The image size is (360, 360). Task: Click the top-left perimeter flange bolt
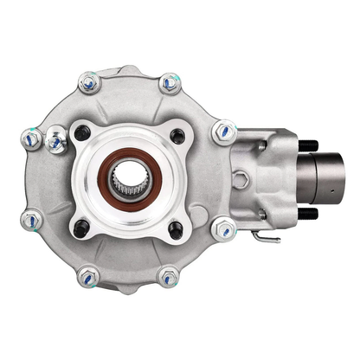click(x=87, y=83)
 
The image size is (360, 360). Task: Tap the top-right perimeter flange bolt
click(x=170, y=83)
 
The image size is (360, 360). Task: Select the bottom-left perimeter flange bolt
click(x=87, y=278)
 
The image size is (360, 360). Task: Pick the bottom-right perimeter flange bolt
click(x=170, y=278)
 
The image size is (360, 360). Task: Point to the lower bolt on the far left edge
click(x=32, y=220)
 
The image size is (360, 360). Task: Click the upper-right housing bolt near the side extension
click(x=224, y=132)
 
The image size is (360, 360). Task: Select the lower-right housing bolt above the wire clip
click(x=224, y=229)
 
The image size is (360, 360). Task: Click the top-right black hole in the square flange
click(x=177, y=136)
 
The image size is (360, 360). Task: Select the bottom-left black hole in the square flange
click(x=81, y=228)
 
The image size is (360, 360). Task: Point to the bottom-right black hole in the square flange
click(x=177, y=229)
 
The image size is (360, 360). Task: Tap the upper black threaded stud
click(x=309, y=145)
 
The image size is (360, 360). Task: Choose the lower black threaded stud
click(x=309, y=214)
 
